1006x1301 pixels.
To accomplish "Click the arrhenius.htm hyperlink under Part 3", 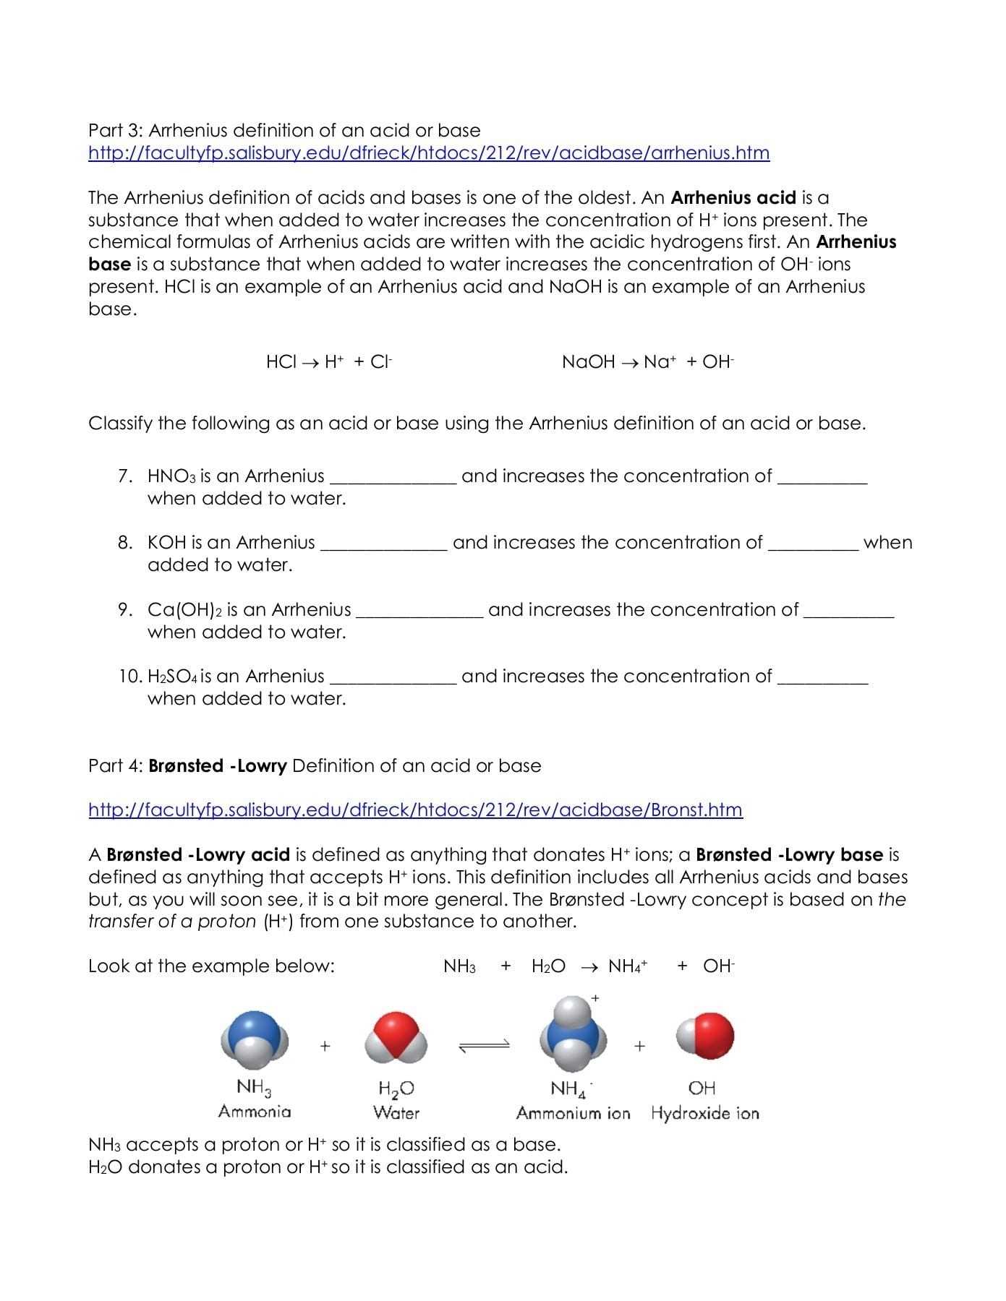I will (x=428, y=153).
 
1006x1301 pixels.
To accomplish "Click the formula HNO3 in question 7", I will (x=171, y=476).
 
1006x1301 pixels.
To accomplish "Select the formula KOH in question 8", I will (x=166, y=543).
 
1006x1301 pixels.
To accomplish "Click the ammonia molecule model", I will (x=255, y=1041).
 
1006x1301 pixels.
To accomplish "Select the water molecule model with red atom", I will (x=396, y=1041).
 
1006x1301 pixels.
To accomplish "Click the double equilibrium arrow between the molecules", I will (x=483, y=1045).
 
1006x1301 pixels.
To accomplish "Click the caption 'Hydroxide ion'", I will (x=704, y=1113).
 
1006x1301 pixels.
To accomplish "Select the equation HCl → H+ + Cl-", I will (x=329, y=362).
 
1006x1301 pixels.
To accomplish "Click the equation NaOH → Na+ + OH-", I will (x=647, y=362).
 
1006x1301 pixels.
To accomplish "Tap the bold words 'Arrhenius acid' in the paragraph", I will (x=733, y=197).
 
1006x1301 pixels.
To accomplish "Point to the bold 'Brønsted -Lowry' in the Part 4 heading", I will (x=218, y=765).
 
